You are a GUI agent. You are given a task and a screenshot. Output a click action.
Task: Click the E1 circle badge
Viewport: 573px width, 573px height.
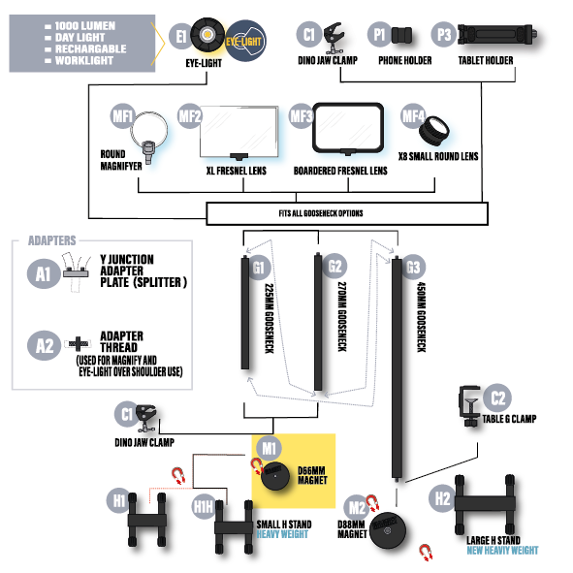180,37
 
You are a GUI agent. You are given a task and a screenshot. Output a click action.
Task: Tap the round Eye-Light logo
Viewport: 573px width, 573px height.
245,41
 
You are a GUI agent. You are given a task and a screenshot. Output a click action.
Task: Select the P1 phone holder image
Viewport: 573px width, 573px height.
401,36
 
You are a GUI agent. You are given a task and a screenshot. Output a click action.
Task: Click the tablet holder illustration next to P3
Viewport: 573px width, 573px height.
497,35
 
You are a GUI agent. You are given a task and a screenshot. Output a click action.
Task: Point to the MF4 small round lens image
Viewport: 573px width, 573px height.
434,130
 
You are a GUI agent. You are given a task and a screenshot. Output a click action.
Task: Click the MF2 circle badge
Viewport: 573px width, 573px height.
189,116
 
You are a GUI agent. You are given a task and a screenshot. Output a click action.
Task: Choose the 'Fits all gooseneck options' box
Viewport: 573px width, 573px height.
347,213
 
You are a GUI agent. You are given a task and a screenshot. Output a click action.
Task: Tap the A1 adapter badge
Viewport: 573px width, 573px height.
44,273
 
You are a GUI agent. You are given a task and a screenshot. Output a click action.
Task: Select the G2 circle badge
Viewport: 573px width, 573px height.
334,266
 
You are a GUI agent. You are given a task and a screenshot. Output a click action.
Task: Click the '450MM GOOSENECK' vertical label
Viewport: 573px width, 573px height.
422,317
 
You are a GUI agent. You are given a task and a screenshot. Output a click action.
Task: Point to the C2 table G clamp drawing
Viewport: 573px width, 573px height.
469,405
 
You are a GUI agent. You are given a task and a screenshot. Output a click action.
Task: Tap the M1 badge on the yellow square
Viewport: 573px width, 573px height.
269,448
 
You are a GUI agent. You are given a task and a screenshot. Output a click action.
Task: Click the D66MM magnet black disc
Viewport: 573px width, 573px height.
275,475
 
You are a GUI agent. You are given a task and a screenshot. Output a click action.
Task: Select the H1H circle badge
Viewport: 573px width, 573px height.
204,506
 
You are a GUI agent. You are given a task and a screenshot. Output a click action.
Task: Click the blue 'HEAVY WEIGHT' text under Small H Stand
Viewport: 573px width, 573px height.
282,534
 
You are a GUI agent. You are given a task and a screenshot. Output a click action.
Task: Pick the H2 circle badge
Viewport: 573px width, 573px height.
442,498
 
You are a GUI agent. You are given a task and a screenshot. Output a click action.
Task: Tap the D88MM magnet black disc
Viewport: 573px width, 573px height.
388,530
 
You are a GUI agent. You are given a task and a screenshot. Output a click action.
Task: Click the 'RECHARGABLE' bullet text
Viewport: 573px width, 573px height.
90,49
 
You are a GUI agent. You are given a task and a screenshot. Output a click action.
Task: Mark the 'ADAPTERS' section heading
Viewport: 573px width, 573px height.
52,240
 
